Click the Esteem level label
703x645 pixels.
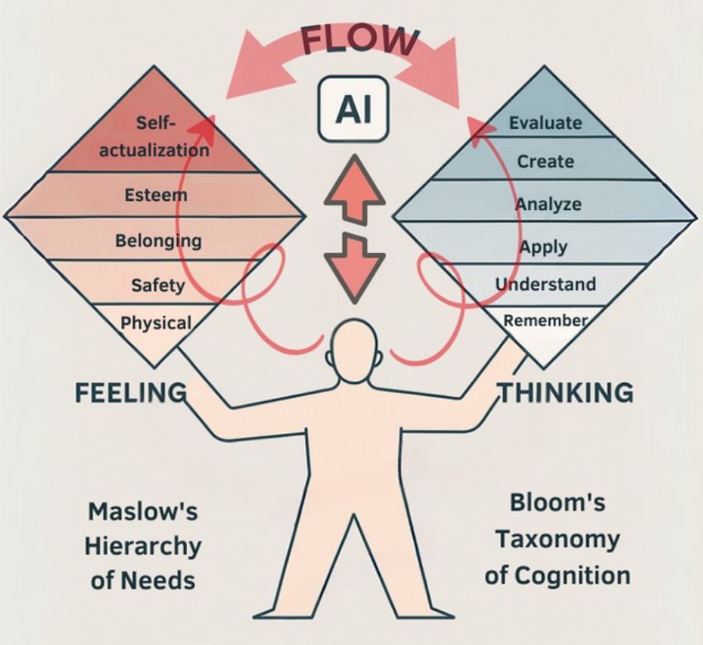click(x=155, y=196)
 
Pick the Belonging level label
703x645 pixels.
click(x=158, y=241)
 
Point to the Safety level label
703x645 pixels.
click(x=157, y=286)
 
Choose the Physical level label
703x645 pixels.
click(x=155, y=322)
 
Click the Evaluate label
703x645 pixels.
click(x=545, y=124)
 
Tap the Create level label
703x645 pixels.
click(x=545, y=161)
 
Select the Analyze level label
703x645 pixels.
click(x=548, y=203)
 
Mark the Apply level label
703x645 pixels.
click(x=543, y=246)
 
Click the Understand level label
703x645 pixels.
click(x=545, y=284)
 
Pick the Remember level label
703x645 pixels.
click(x=545, y=320)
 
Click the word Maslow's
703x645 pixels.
click(x=143, y=511)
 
